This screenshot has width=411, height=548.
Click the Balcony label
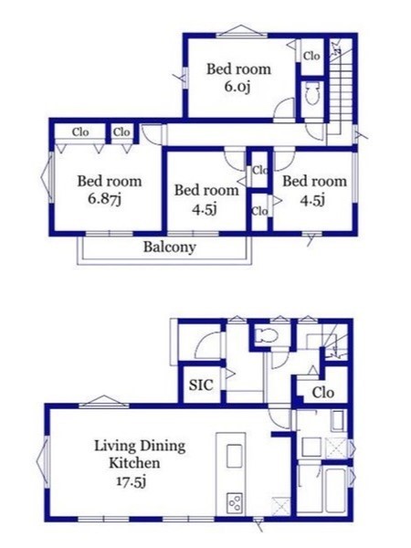[x=170, y=248]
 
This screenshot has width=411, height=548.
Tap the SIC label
[x=201, y=385]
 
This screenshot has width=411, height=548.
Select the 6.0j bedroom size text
[x=237, y=86]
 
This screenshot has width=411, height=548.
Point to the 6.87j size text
[x=104, y=199]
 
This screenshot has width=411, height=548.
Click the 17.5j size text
[x=131, y=481]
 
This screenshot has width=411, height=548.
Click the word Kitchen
[x=134, y=463]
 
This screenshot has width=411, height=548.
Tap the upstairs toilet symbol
[x=312, y=93]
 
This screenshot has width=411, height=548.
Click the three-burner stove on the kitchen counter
[x=235, y=503]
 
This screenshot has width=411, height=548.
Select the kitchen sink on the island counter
[x=234, y=456]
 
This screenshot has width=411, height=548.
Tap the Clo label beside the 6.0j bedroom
[x=311, y=56]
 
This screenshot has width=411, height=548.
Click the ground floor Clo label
[x=323, y=393]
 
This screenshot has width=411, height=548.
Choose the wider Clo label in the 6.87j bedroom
[x=80, y=132]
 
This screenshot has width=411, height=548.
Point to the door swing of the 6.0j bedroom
[x=284, y=109]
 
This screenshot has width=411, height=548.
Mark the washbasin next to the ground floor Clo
[x=338, y=421]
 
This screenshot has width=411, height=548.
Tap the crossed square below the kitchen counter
[x=280, y=506]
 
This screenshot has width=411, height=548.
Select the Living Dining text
[x=140, y=446]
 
